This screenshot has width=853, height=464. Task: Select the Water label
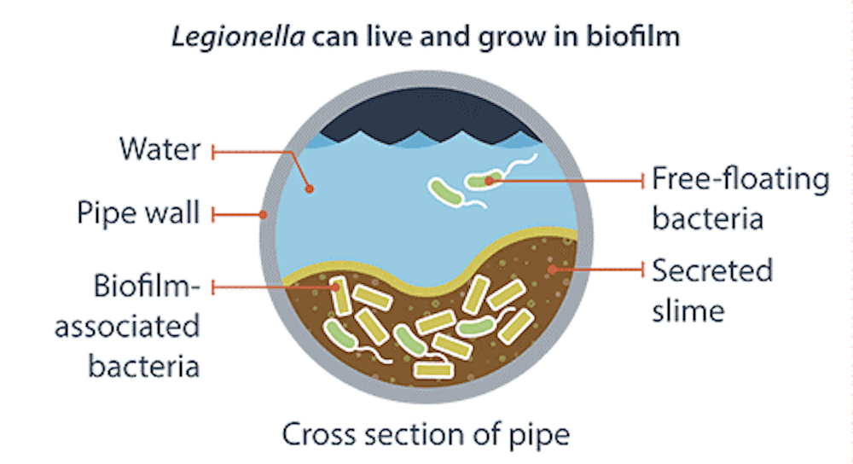[160, 151]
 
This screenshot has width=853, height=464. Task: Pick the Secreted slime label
[712, 290]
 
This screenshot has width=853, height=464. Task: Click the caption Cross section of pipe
[426, 434]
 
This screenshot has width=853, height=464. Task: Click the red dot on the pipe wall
[264, 214]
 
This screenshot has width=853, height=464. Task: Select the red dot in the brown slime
[553, 270]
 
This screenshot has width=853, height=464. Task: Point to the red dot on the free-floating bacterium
[489, 180]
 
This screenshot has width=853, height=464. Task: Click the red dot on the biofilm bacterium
[338, 288]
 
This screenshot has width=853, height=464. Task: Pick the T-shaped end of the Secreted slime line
[641, 270]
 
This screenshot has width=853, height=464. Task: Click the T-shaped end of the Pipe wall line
[213, 214]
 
